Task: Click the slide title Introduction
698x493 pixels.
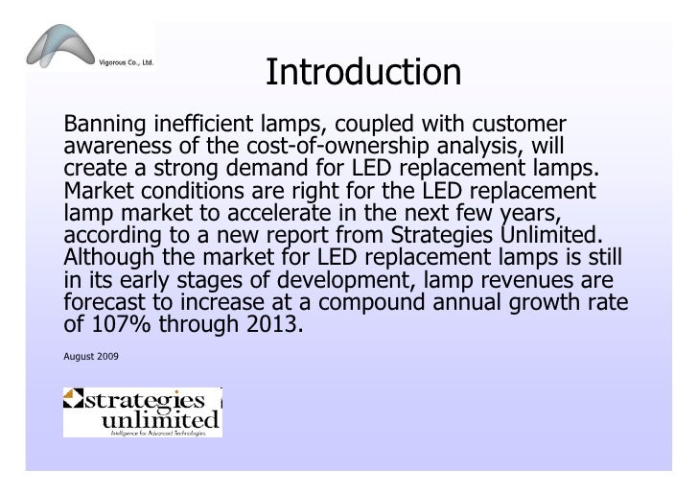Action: click(x=363, y=72)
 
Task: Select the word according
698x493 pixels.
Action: click(x=112, y=233)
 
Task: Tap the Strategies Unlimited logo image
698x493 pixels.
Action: click(x=142, y=411)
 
